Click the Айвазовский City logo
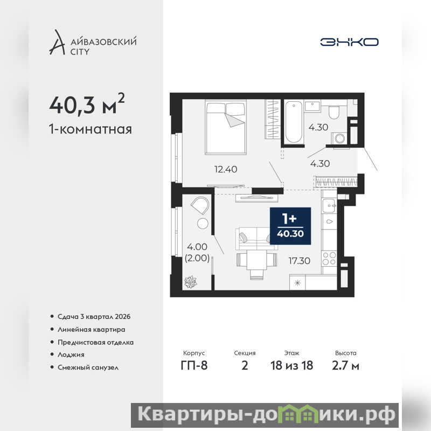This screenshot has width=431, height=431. pyautogui.click(x=93, y=43)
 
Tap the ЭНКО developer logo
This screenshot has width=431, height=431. pyautogui.click(x=349, y=42)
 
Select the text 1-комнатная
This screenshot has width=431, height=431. pyautogui.click(x=91, y=129)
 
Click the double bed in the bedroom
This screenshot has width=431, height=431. pyautogui.click(x=225, y=127)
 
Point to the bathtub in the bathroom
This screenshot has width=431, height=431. pyautogui.click(x=294, y=122)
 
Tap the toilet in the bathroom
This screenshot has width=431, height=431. pyautogui.click(x=334, y=112)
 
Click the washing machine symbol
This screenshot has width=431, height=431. pyautogui.click(x=339, y=138)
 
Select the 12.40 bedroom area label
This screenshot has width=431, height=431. pyautogui.click(x=226, y=169)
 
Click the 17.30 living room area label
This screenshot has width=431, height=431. pyautogui.click(x=300, y=261)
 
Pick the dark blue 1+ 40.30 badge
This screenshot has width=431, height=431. pyautogui.click(x=290, y=226)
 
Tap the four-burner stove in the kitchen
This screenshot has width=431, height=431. pyautogui.click(x=329, y=259)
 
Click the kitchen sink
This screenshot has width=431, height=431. pyautogui.click(x=329, y=206)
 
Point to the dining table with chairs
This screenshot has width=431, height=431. pyautogui.click(x=257, y=264)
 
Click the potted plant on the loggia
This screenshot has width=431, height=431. pyautogui.click(x=191, y=282)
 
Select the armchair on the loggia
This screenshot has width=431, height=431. pyautogui.click(x=200, y=205)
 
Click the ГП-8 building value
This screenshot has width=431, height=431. pyautogui.click(x=194, y=366)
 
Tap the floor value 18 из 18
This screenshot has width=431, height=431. pyautogui.click(x=291, y=366)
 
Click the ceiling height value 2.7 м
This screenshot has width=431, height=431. pyautogui.click(x=345, y=366)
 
